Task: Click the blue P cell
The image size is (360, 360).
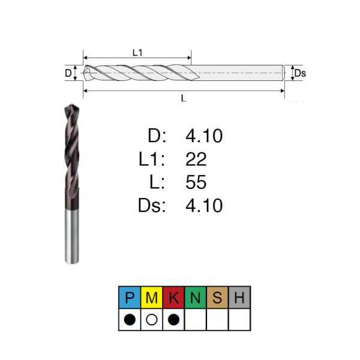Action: click(130, 298)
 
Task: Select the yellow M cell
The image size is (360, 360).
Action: click(152, 298)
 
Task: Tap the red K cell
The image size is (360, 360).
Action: click(173, 298)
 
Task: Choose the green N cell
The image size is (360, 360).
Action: click(196, 298)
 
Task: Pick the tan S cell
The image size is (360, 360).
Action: click(218, 298)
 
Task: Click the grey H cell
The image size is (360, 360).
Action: click(239, 298)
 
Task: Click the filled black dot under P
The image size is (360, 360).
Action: click(130, 319)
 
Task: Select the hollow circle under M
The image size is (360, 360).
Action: click(152, 319)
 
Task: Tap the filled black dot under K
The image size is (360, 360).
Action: click(173, 319)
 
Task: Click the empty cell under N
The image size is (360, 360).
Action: click(196, 319)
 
